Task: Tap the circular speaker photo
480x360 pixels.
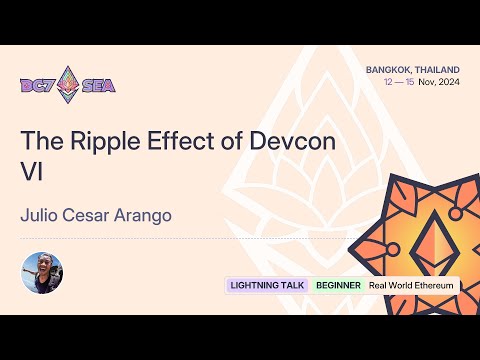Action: pos(43,272)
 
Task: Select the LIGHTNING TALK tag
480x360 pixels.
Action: pos(268,285)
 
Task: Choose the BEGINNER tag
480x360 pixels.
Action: pos(338,285)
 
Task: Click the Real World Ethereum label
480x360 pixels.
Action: pos(411,285)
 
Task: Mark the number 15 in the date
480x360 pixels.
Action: pos(411,81)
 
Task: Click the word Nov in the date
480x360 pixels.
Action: pos(426,81)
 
